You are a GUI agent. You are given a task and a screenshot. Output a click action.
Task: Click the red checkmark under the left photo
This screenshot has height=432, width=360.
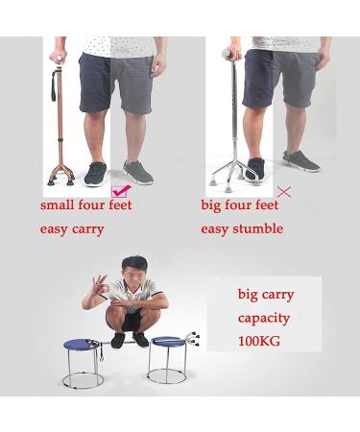coord(122,192)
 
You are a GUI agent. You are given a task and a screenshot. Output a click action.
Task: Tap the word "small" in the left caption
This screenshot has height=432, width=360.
coord(57,205)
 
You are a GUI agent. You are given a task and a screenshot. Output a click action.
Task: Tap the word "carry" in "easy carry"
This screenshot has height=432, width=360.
coord(85,229)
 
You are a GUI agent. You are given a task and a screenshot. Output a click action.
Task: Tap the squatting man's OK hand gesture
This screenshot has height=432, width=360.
coord(98,287)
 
